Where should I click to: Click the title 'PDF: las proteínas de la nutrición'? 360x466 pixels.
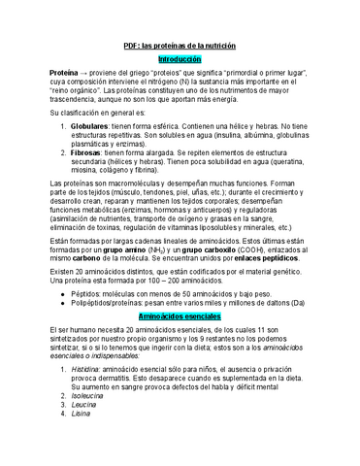180,47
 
